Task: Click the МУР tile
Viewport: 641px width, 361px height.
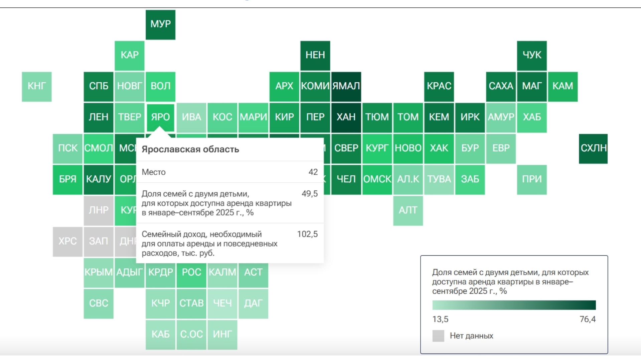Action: pyautogui.click(x=160, y=24)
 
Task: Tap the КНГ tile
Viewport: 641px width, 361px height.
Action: pyautogui.click(x=37, y=86)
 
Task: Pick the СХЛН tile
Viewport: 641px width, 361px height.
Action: pyautogui.click(x=593, y=149)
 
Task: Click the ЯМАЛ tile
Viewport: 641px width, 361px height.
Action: pyautogui.click(x=346, y=86)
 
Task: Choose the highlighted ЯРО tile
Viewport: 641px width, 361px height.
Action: pyautogui.click(x=160, y=117)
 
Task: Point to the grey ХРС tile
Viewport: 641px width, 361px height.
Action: pyautogui.click(x=67, y=241)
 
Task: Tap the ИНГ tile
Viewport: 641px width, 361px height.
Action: pyautogui.click(x=222, y=334)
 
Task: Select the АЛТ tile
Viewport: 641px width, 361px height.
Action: pyautogui.click(x=408, y=210)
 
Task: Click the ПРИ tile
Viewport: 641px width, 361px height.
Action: pyautogui.click(x=532, y=179)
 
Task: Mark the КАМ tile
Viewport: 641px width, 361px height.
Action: pyautogui.click(x=563, y=86)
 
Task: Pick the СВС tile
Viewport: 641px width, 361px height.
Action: pyautogui.click(x=99, y=303)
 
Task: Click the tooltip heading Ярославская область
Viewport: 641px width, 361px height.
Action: pyautogui.click(x=190, y=149)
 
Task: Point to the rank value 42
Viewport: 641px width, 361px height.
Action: pyautogui.click(x=313, y=172)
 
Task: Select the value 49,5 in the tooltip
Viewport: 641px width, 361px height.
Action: pyautogui.click(x=310, y=194)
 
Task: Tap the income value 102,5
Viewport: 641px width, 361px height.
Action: pyautogui.click(x=307, y=234)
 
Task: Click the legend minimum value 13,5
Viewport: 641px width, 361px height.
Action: pyautogui.click(x=440, y=319)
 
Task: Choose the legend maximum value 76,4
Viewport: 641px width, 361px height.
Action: pyautogui.click(x=588, y=319)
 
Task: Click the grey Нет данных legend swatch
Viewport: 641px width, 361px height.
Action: pyautogui.click(x=438, y=336)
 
